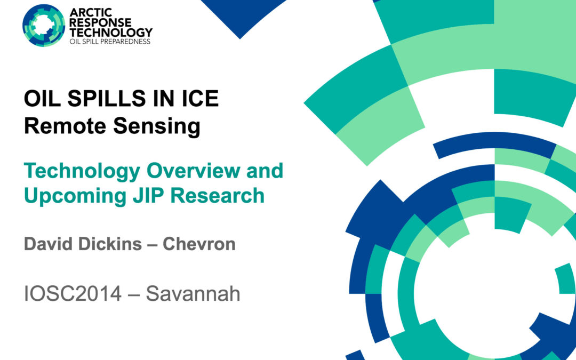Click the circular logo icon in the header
[44, 24]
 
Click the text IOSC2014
[73, 294]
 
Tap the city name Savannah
[193, 294]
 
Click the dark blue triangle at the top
[240, 16]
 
